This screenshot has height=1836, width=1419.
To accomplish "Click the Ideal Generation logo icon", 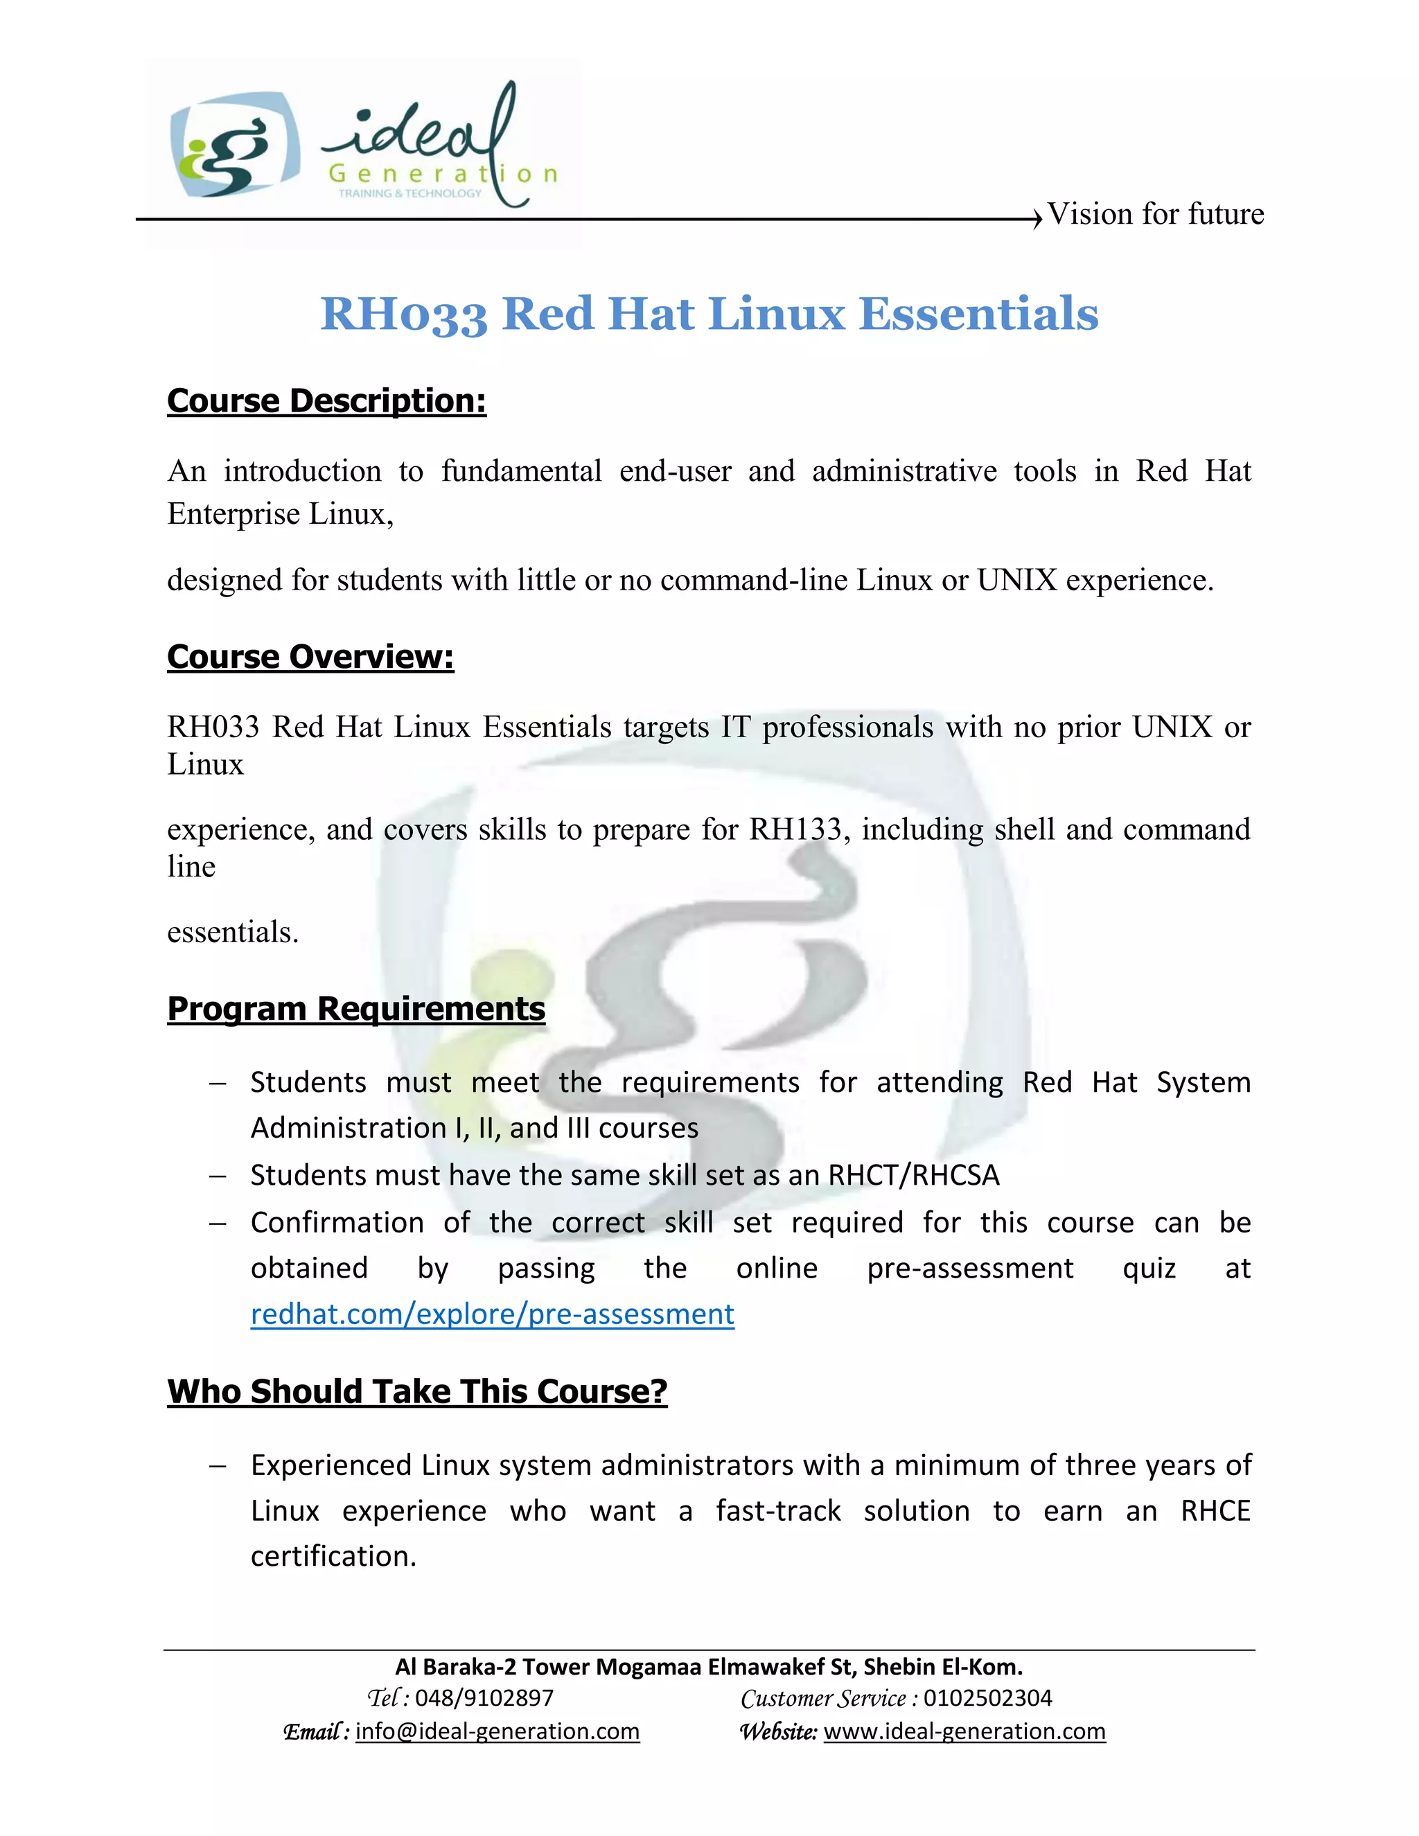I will pos(233,145).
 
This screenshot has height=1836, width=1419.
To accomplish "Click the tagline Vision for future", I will pos(1155,214).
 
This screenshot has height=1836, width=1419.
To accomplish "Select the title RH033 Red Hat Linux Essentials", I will pos(709,314).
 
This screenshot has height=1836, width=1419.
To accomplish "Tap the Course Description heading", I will pos(326,401).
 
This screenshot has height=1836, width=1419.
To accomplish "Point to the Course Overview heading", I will pos(310,657).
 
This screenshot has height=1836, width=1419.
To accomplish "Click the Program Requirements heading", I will pos(355,1009).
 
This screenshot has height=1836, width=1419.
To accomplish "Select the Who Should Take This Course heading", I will pos(417,1391).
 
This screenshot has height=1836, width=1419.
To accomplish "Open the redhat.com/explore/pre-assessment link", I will pos(492,1314).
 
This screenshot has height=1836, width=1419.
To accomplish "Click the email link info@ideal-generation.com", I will pos(497,1732).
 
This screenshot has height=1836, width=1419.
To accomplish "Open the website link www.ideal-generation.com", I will pos(964,1732).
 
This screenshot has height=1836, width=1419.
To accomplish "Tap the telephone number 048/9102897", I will pos(484,1698).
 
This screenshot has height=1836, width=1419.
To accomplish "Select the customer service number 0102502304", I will pos(988,1698).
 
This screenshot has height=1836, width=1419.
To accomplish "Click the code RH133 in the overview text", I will pos(795,830).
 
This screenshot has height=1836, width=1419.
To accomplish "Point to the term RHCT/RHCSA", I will pos(914,1175).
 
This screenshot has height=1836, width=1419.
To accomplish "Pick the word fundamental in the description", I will pos(521,472).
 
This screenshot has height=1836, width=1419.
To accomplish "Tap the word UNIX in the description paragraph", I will pos(1016,580).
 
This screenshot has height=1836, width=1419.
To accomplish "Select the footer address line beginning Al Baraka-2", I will pos(709,1667).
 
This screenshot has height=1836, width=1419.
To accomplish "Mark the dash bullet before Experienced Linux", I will pos(218,1466).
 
